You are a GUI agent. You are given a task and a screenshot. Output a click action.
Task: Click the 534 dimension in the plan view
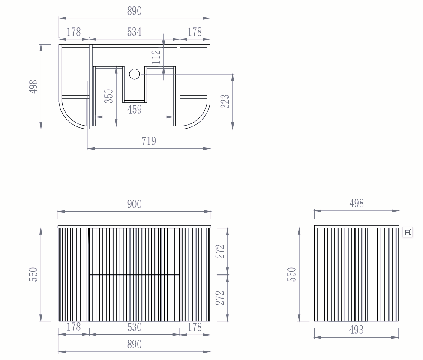pyautogui.click(x=134, y=32)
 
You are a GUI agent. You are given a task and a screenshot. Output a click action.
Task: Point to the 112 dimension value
pyautogui.click(x=157, y=57)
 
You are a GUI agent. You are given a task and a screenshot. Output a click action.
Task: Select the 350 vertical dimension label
pyautogui.click(x=109, y=96)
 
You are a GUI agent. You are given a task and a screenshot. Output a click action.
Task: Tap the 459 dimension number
pyautogui.click(x=134, y=110)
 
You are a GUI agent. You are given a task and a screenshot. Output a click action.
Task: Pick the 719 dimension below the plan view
pyautogui.click(x=149, y=141)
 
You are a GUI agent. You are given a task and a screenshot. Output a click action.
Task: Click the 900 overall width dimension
pyautogui.click(x=134, y=204)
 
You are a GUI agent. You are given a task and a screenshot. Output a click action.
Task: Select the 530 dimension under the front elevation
pyautogui.click(x=134, y=327)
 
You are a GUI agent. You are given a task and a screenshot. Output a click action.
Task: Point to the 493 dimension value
pyautogui.click(x=356, y=330)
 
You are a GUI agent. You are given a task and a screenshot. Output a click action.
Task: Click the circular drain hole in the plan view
pyautogui.click(x=135, y=74)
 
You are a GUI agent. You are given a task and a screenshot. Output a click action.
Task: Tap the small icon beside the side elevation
pyautogui.click(x=408, y=232)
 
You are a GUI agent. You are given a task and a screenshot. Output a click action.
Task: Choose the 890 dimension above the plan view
pyautogui.click(x=134, y=12)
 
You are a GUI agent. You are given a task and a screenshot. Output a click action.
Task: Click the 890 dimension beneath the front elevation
pyautogui.click(x=134, y=344)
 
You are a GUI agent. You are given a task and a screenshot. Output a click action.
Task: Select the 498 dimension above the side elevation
pyautogui.click(x=356, y=204)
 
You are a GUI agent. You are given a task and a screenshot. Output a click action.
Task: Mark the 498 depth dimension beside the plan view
pyautogui.click(x=34, y=86)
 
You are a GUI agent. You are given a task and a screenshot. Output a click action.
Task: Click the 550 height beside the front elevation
pyautogui.click(x=34, y=274)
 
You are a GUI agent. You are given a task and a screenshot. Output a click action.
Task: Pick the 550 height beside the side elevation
pyautogui.click(x=291, y=274)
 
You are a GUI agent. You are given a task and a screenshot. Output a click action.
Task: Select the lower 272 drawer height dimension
pyautogui.click(x=220, y=298)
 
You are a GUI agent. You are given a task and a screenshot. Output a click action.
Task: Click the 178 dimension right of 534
pyautogui.click(x=195, y=32)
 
